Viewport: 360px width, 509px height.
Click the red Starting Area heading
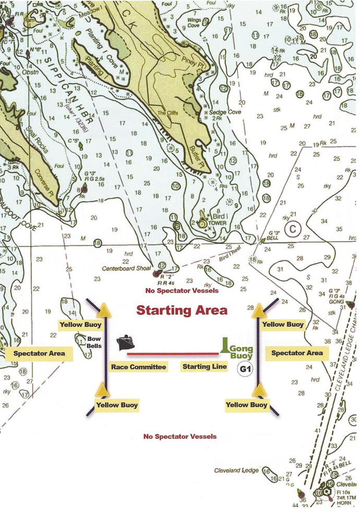182,310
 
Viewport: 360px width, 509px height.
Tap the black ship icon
126,343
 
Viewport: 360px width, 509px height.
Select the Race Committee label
138,367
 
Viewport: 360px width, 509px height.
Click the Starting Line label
205,366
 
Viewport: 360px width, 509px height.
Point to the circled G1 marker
245,369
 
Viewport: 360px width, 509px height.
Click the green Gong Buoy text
241,352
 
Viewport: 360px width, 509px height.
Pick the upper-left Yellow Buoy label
79,325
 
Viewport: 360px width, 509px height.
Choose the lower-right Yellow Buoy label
246,405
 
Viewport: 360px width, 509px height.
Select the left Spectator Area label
40,353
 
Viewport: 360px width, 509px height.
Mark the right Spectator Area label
297,353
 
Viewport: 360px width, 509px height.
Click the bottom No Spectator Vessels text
179,436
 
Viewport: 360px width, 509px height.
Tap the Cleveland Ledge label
236,470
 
